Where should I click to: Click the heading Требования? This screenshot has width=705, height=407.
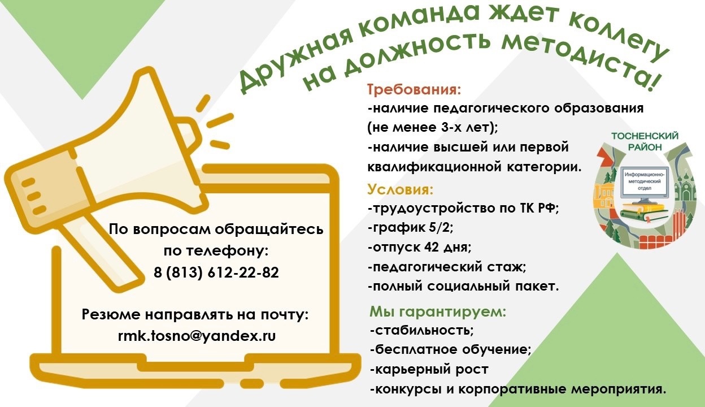[414, 89]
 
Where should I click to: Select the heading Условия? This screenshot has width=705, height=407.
[401, 189]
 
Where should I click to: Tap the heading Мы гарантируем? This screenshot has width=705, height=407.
[438, 311]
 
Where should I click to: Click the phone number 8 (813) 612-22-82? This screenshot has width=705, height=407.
[216, 272]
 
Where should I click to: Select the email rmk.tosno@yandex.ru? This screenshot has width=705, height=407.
[197, 336]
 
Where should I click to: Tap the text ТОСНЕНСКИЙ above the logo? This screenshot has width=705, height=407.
[645, 136]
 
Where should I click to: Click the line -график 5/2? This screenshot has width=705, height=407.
[411, 228]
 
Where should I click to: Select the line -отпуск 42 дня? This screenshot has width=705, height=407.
[420, 248]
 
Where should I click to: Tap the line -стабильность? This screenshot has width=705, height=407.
[422, 331]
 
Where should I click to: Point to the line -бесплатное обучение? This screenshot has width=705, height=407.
[451, 350]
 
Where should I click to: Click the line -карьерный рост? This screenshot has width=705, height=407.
[429, 369]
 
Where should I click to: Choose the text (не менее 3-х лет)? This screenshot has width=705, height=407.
[433, 128]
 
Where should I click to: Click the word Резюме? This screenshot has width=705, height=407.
[111, 315]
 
